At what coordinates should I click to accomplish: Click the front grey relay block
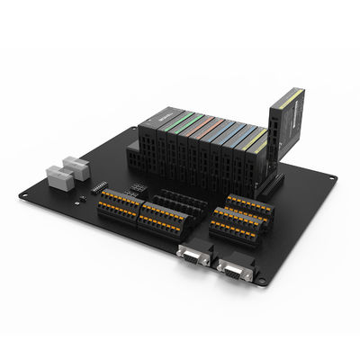58,175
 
